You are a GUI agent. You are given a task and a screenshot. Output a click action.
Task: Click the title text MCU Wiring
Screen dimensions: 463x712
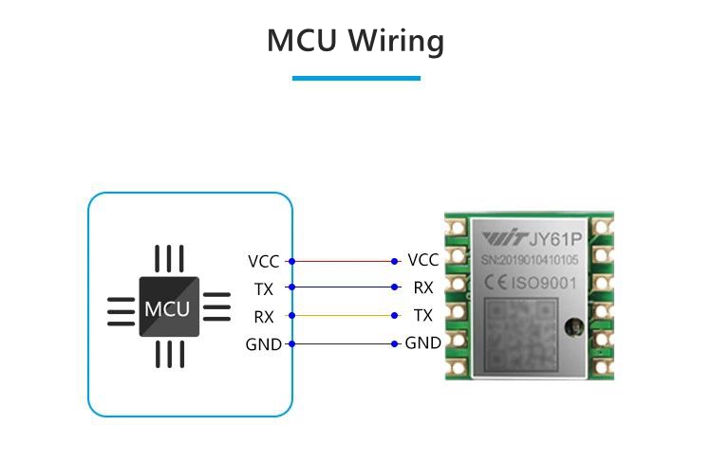click(355, 42)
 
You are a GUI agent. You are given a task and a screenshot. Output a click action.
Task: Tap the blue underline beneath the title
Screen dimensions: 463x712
click(356, 78)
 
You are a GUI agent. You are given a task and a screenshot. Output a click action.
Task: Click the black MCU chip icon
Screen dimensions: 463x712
click(169, 307)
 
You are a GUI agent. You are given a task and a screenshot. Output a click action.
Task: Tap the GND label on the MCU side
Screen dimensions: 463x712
click(263, 344)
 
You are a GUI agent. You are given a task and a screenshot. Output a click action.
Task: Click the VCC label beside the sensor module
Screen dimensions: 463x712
click(422, 260)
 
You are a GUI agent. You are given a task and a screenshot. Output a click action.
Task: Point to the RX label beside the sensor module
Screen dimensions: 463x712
click(423, 287)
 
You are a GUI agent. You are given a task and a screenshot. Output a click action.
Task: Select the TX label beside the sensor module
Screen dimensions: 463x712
click(423, 315)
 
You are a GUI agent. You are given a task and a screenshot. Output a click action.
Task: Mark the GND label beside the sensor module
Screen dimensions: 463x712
click(422, 343)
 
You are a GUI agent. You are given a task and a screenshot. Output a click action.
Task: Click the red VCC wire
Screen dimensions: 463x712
click(343, 261)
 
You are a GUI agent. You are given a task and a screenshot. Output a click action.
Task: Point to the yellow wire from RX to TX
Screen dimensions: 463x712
click(343, 315)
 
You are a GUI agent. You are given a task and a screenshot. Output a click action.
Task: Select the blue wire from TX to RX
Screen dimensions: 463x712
click(343, 287)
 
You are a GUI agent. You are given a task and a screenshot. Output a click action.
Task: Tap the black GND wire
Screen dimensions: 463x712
click(343, 343)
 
